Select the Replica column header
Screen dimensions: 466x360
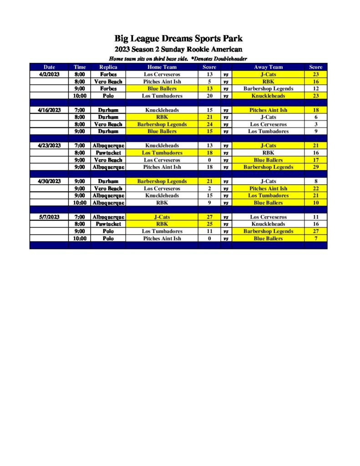pos(108,67)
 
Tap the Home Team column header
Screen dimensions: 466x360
pos(162,67)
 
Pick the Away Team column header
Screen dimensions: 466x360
pos(268,67)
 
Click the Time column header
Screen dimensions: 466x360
pos(80,67)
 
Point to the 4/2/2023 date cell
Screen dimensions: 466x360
pos(49,74)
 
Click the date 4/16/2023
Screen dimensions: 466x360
pos(49,110)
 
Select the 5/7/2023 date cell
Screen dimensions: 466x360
pos(49,217)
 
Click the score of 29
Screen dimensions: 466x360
pos(315,167)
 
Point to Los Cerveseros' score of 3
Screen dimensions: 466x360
pos(315,124)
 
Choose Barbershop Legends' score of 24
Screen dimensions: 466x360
pos(209,124)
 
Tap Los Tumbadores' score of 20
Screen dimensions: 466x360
pos(209,96)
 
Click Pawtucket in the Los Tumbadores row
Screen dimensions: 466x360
pos(108,153)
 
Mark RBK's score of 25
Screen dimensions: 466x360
pos(209,224)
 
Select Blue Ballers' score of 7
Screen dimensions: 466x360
pos(315,238)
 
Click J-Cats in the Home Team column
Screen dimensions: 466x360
pos(162,217)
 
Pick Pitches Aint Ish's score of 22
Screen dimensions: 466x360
pos(315,188)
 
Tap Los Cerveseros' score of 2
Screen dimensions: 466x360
pos(209,188)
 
